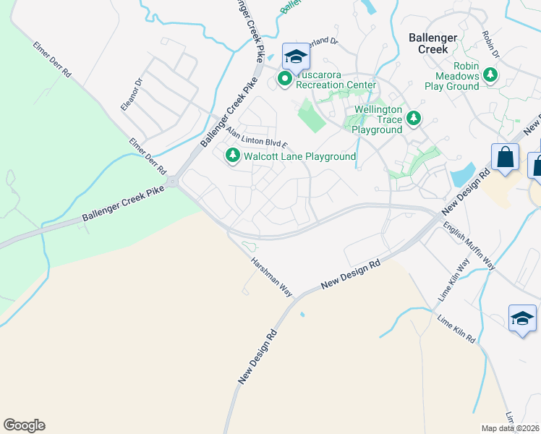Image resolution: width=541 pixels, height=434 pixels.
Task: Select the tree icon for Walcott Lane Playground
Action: pos(233,156)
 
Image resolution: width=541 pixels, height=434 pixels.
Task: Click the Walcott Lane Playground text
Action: pos(299,156)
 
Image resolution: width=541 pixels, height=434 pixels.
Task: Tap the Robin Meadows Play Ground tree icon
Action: pos(491,75)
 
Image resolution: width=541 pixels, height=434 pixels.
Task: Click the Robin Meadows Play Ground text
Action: pos(456,80)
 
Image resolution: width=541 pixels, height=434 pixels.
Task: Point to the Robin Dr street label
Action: pos(490,44)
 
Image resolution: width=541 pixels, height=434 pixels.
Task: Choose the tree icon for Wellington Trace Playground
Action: pos(413,117)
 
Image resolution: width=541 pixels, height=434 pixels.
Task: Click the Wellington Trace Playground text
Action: pos(377,120)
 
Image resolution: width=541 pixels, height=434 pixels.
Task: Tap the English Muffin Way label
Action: pos(471,247)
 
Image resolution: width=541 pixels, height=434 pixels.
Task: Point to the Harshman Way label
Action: pos(270,278)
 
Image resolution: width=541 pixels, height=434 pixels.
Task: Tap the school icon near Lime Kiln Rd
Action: pos(523,318)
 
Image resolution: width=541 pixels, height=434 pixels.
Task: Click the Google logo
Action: pos(24,425)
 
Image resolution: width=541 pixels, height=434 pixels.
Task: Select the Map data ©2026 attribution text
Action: pos(510,428)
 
